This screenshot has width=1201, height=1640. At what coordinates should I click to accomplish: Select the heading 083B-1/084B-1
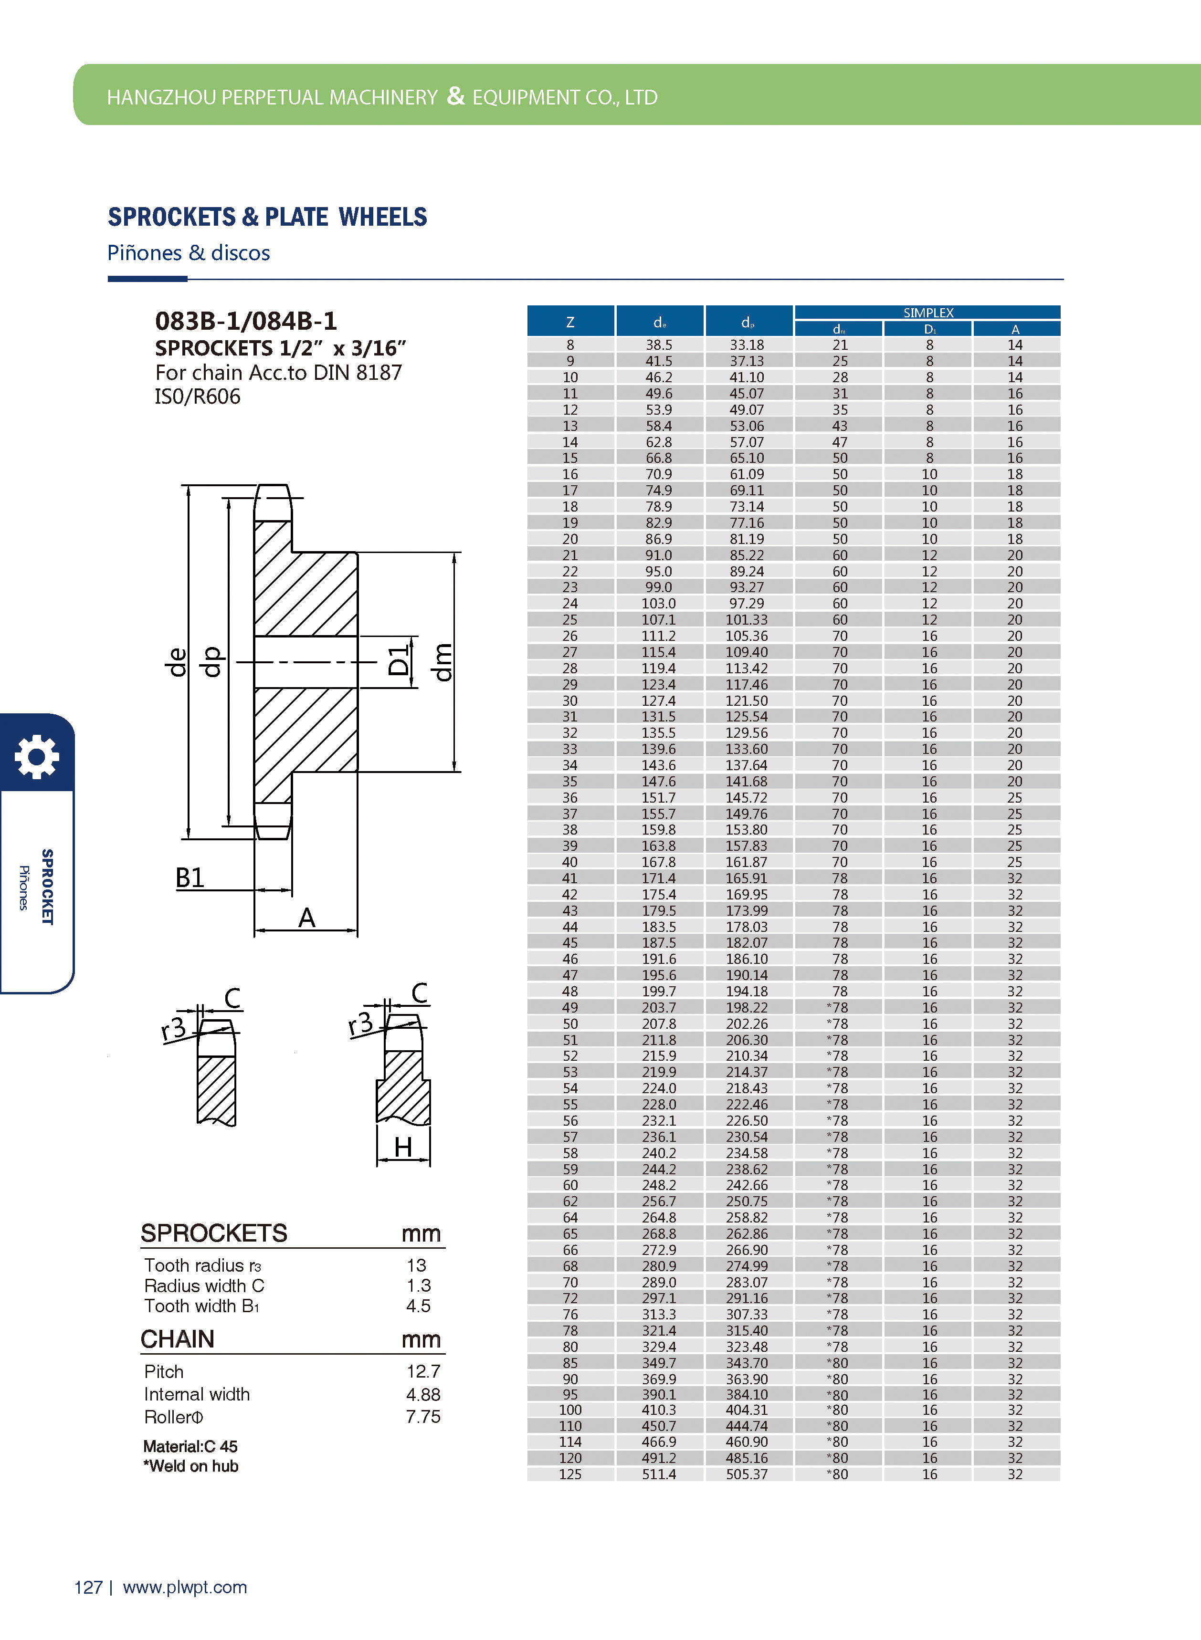click(x=246, y=321)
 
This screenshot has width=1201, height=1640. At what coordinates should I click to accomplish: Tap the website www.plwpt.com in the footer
click(x=185, y=1587)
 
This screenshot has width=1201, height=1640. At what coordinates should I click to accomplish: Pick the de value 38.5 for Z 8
click(x=659, y=345)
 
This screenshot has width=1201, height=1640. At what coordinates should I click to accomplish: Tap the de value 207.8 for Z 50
click(x=659, y=1023)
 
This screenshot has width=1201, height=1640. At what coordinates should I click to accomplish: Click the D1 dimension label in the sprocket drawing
click(x=399, y=660)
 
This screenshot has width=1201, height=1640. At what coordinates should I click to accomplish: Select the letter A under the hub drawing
click(x=307, y=918)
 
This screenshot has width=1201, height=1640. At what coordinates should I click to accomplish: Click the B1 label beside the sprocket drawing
click(x=190, y=878)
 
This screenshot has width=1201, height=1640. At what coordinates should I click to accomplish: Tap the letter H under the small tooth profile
click(x=403, y=1148)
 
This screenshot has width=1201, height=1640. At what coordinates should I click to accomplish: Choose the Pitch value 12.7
click(x=423, y=1371)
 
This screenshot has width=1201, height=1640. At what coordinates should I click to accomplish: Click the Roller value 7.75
click(x=423, y=1416)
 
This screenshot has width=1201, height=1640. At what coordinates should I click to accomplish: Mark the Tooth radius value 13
click(x=417, y=1265)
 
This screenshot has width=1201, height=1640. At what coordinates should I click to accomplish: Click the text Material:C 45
click(x=190, y=1446)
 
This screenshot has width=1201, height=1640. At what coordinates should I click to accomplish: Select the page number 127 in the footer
click(x=88, y=1587)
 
